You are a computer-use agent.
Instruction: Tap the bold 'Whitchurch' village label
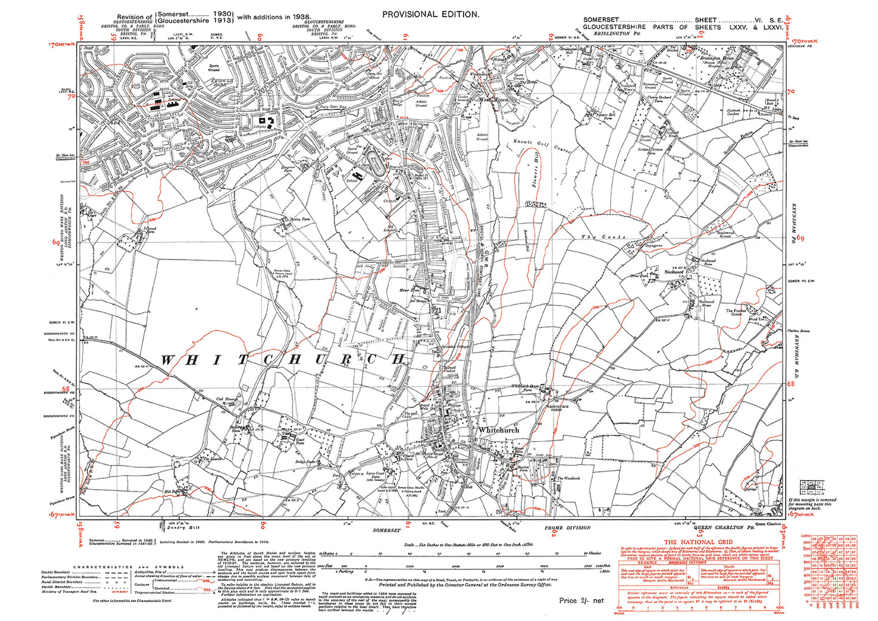[499, 430]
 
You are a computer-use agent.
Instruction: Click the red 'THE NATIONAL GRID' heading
[698, 542]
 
